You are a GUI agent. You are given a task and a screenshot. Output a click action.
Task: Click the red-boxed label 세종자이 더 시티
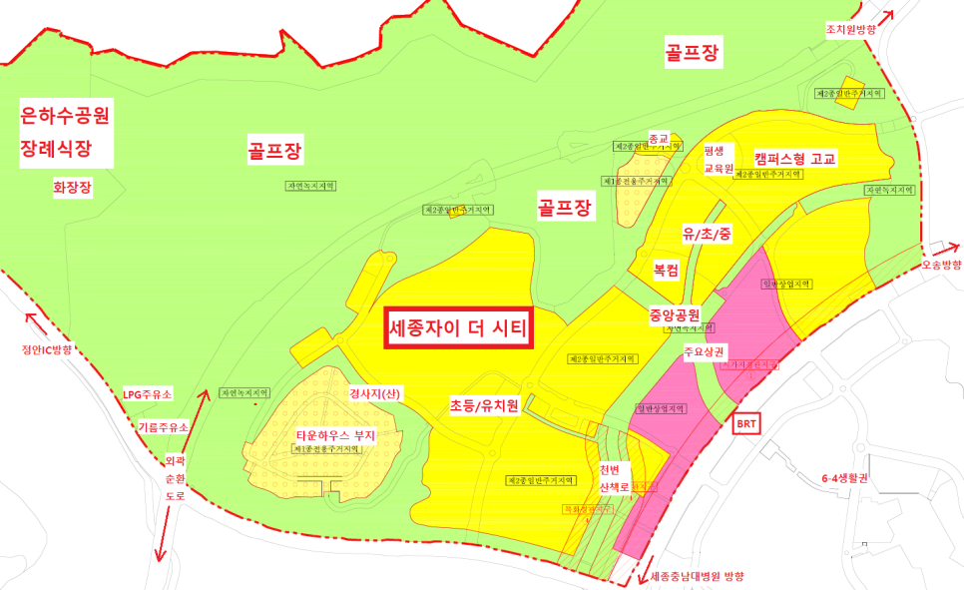(x=457, y=327)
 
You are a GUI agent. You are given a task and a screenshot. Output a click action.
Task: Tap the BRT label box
(x=746, y=424)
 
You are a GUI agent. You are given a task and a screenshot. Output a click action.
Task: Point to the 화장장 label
(x=73, y=187)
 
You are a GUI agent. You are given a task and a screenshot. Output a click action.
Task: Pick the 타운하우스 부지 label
(x=334, y=435)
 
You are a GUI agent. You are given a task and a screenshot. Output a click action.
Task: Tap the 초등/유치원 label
(x=484, y=405)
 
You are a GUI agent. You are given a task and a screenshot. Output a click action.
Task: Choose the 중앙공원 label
(x=676, y=311)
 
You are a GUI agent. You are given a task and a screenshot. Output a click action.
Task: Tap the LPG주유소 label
(x=148, y=394)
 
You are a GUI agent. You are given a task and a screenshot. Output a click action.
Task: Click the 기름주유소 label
(x=163, y=426)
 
